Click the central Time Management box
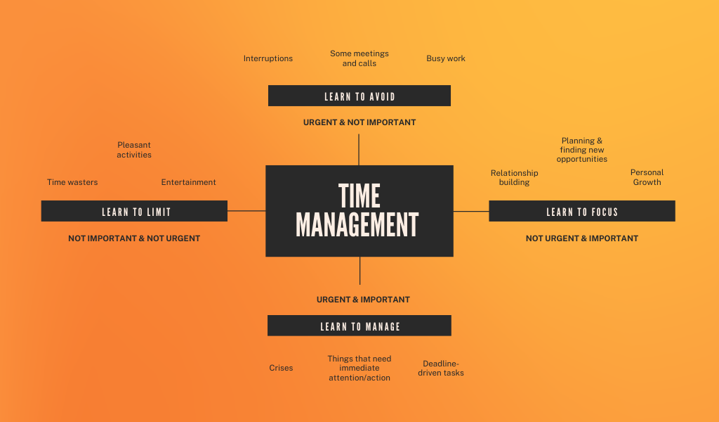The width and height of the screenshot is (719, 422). pos(359,211)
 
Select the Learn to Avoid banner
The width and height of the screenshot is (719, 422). pos(359,96)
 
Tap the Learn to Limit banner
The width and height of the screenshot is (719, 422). pos(134,211)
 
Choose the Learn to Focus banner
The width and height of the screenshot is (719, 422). pos(581,211)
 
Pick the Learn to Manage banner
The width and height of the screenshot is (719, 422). pos(359,326)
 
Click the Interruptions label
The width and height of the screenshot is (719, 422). pos(268,58)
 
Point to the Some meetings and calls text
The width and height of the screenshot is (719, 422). pos(359,58)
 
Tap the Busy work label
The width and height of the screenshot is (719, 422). pos(446,58)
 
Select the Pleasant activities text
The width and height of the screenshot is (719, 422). pos(134,150)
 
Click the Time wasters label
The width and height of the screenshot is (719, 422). pos(72,182)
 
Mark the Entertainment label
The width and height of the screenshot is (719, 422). pos(188,182)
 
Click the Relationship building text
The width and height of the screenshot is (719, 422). pos(514,177)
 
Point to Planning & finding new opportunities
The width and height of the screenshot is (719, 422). pos(581,150)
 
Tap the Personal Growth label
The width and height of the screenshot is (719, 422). pos(647,177)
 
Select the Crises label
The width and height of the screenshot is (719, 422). pos(281,368)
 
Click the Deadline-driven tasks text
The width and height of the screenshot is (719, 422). pos(441,369)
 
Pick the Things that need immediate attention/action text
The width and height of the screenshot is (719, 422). pos(359,368)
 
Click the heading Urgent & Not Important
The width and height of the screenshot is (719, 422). pos(359,122)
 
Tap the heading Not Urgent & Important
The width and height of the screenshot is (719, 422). pos(581,238)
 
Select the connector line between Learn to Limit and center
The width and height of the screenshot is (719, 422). pos(246,210)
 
